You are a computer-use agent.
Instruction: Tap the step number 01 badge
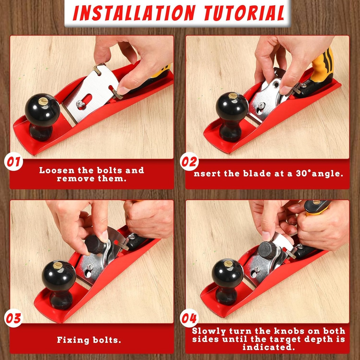pyautogui.click(x=14, y=162)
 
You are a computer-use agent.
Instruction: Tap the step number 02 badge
pyautogui.click(x=189, y=162)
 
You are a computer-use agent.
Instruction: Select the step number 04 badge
pyautogui.click(x=189, y=319)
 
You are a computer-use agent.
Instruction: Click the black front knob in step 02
pyautogui.click(x=232, y=107)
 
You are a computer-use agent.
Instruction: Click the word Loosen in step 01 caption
pyautogui.click(x=56, y=171)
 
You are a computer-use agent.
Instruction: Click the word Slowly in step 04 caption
pyautogui.click(x=209, y=331)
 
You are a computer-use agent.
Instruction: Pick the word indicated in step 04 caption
pyautogui.click(x=268, y=347)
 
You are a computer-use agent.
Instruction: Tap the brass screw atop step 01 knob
pyautogui.click(x=43, y=101)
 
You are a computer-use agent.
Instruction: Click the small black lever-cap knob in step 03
pyautogui.click(x=95, y=244)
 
